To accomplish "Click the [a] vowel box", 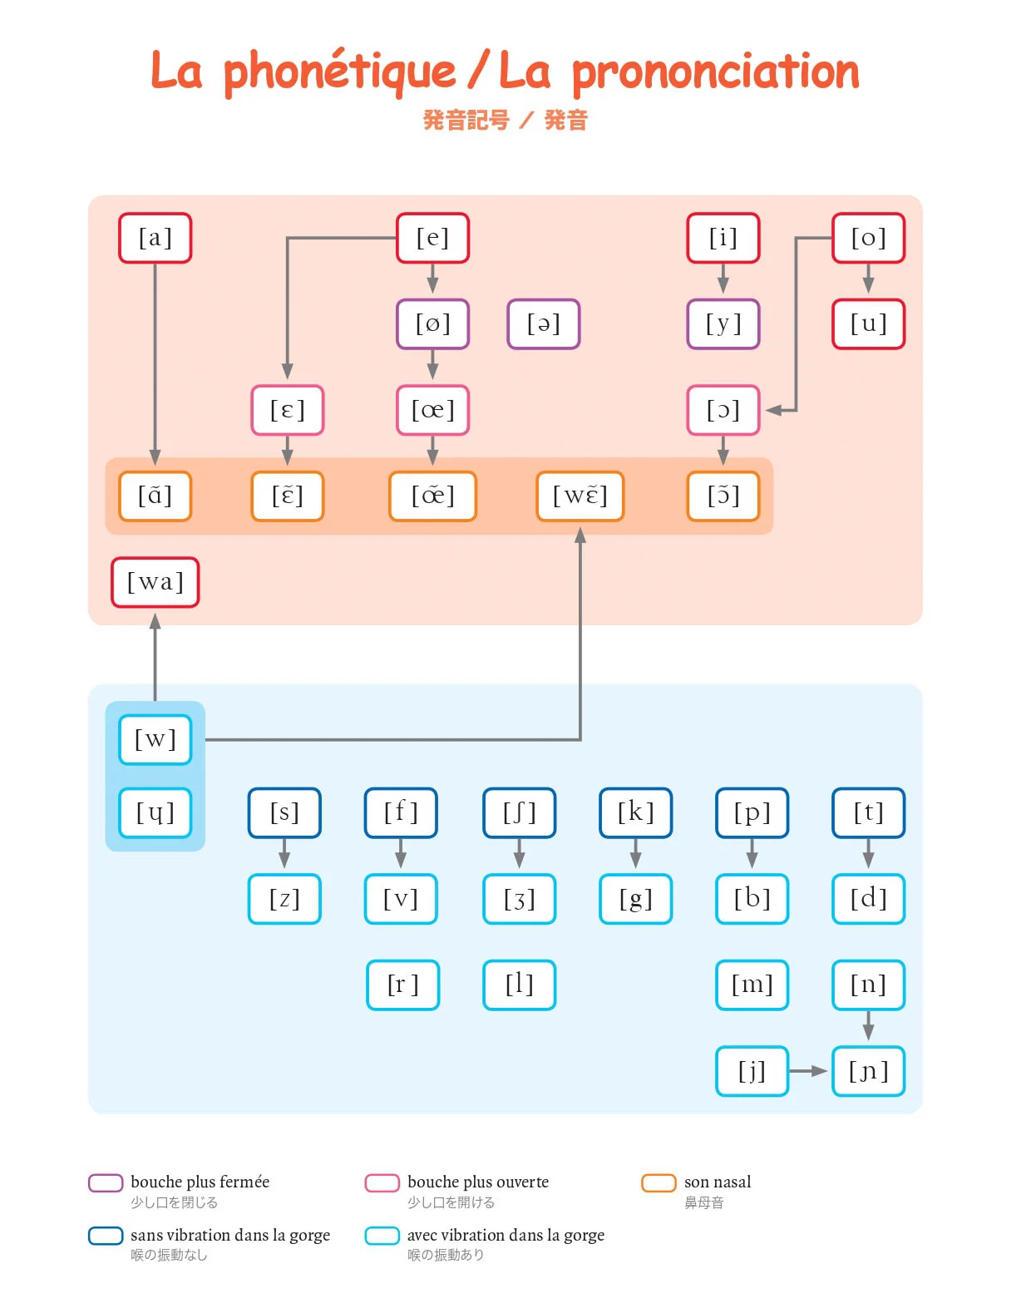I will pyautogui.click(x=155, y=238).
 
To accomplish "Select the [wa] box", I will pyautogui.click(x=155, y=582).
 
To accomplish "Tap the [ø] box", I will pyautogui.click(x=432, y=323).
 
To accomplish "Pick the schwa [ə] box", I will pyautogui.click(x=543, y=323).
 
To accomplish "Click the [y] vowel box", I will pyautogui.click(x=723, y=323).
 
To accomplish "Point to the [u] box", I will pyautogui.click(x=868, y=323).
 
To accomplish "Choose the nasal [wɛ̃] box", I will pyautogui.click(x=580, y=496).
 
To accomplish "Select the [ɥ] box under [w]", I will pyautogui.click(x=155, y=812).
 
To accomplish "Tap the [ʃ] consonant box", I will pyautogui.click(x=519, y=812).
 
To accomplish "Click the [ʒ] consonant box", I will pyautogui.click(x=519, y=899).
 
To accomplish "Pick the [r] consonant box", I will pyautogui.click(x=402, y=985).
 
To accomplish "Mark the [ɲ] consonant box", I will pyautogui.click(x=868, y=1071).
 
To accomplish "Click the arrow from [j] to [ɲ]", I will pyautogui.click(x=807, y=1071).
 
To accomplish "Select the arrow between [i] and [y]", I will pyautogui.click(x=723, y=279).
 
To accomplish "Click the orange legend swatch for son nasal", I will pyautogui.click(x=658, y=1182).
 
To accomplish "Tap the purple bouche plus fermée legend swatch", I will pyautogui.click(x=106, y=1182).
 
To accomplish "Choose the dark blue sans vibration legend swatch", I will pyautogui.click(x=106, y=1236).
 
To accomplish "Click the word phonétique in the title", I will pyautogui.click(x=339, y=72).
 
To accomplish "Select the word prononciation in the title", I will pyautogui.click(x=715, y=72).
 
